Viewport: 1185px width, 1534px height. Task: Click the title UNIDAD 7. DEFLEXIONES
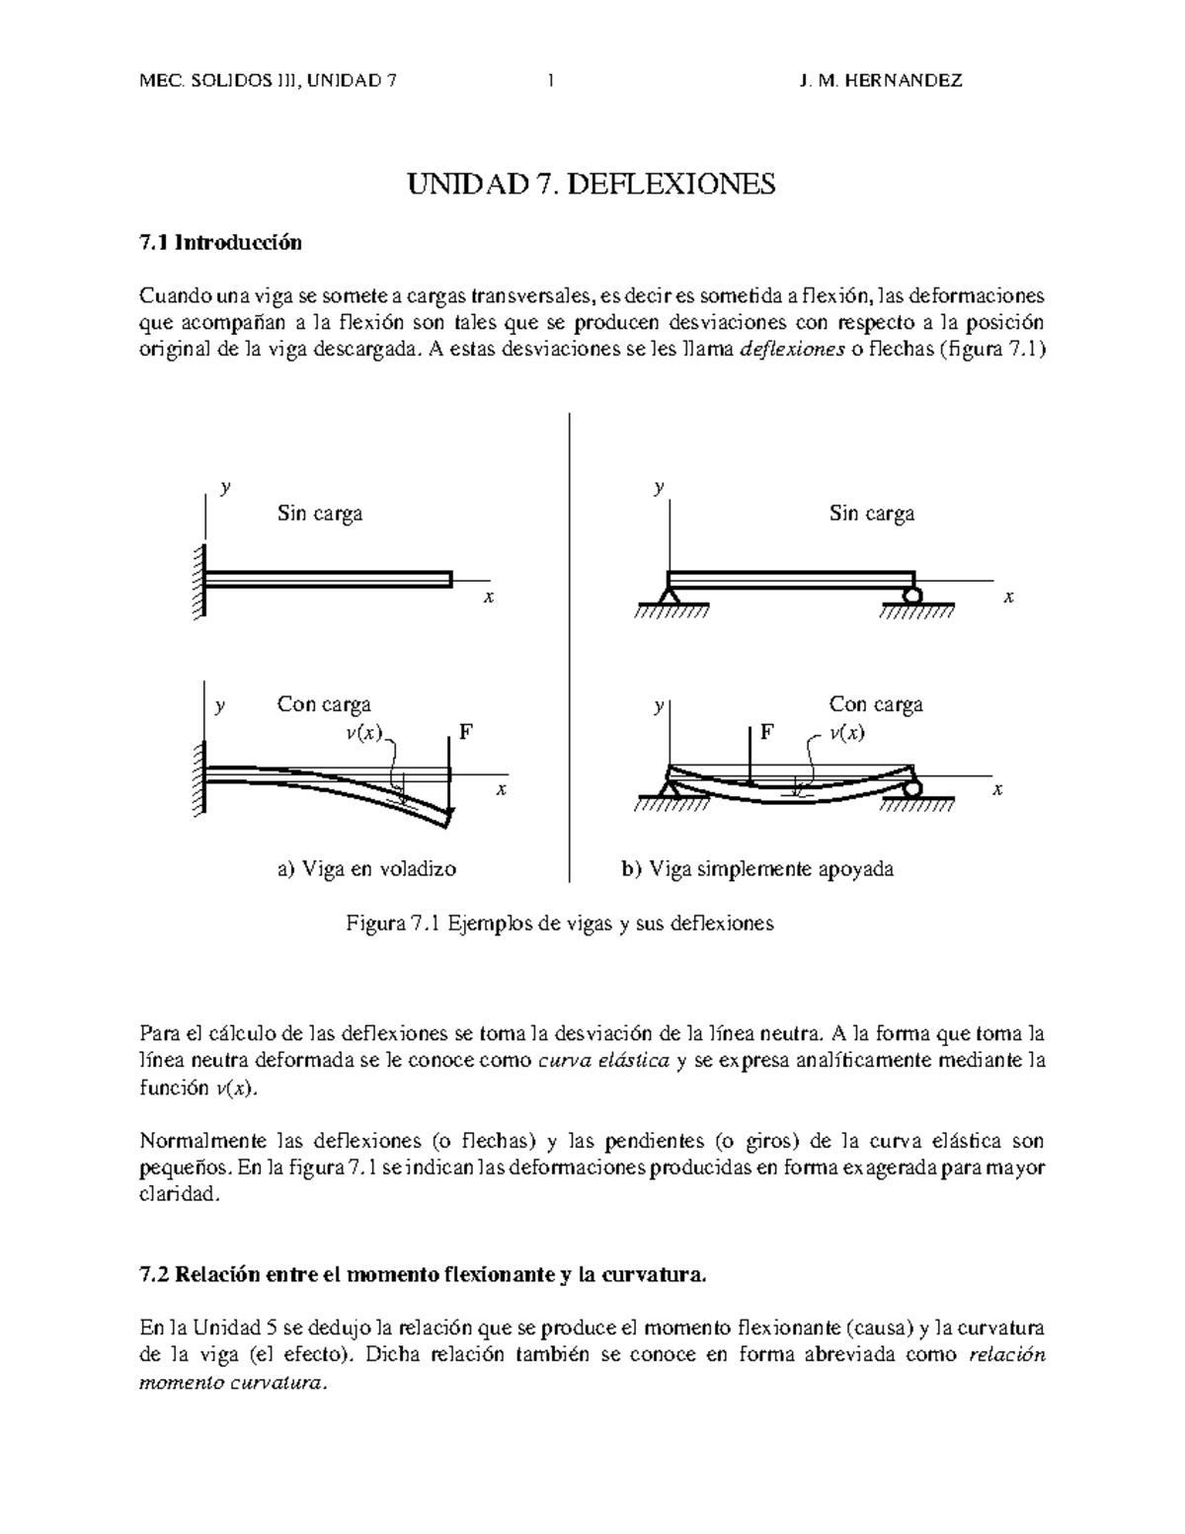click(592, 184)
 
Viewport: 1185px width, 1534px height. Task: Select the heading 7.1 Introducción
click(220, 243)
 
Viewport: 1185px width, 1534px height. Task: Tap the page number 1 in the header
click(549, 81)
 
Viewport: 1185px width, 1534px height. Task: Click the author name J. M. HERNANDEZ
click(880, 81)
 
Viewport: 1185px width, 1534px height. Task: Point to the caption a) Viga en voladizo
click(366, 869)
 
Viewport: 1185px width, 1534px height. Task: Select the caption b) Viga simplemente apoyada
click(756, 869)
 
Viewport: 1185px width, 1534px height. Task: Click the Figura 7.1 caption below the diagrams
click(559, 924)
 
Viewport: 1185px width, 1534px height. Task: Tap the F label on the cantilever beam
click(466, 733)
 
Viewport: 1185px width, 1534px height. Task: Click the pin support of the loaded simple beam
click(670, 788)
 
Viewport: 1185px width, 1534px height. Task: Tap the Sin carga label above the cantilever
click(319, 514)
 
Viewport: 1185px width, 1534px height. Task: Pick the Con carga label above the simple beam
click(876, 704)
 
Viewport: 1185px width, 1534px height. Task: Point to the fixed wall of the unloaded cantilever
click(200, 582)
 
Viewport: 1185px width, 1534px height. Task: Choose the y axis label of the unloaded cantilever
click(226, 487)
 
